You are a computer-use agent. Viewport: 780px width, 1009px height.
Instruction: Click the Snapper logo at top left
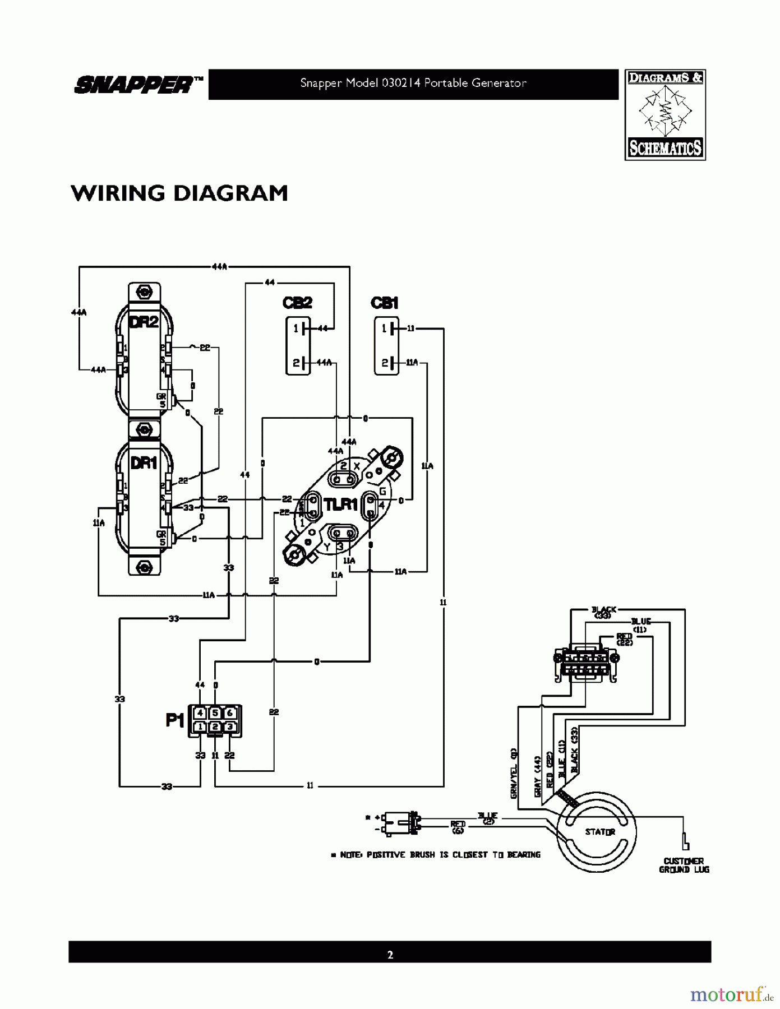(x=138, y=85)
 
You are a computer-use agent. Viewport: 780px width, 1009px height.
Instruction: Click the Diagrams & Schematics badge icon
(x=665, y=115)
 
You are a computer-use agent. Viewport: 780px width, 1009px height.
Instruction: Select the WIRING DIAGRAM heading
(x=179, y=193)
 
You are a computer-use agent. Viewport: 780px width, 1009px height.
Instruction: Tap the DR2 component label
(x=144, y=322)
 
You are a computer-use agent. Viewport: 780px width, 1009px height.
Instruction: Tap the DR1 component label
(x=144, y=463)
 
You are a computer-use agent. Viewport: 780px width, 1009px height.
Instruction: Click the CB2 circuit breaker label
(x=297, y=303)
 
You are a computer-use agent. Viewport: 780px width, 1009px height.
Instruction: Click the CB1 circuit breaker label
(x=385, y=303)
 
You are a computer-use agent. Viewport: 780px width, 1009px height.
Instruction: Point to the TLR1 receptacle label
(x=341, y=504)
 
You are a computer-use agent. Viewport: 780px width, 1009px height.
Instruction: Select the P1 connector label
(x=175, y=720)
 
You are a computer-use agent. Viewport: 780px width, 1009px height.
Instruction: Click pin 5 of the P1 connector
(x=215, y=713)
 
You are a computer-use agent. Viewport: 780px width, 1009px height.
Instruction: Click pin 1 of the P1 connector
(x=200, y=727)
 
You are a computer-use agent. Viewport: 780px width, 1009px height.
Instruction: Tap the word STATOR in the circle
(x=600, y=832)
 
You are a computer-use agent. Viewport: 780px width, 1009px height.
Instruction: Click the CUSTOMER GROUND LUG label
(x=684, y=865)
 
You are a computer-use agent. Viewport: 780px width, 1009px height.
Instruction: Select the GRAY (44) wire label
(x=537, y=776)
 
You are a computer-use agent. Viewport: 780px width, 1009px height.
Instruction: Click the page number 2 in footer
(x=390, y=955)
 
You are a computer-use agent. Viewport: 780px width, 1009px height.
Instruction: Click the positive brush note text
(x=436, y=855)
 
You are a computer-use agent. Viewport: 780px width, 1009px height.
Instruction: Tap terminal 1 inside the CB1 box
(x=384, y=329)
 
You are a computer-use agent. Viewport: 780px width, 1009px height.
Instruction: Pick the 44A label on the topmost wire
(x=219, y=266)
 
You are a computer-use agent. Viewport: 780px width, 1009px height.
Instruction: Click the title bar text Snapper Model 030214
(x=413, y=84)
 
